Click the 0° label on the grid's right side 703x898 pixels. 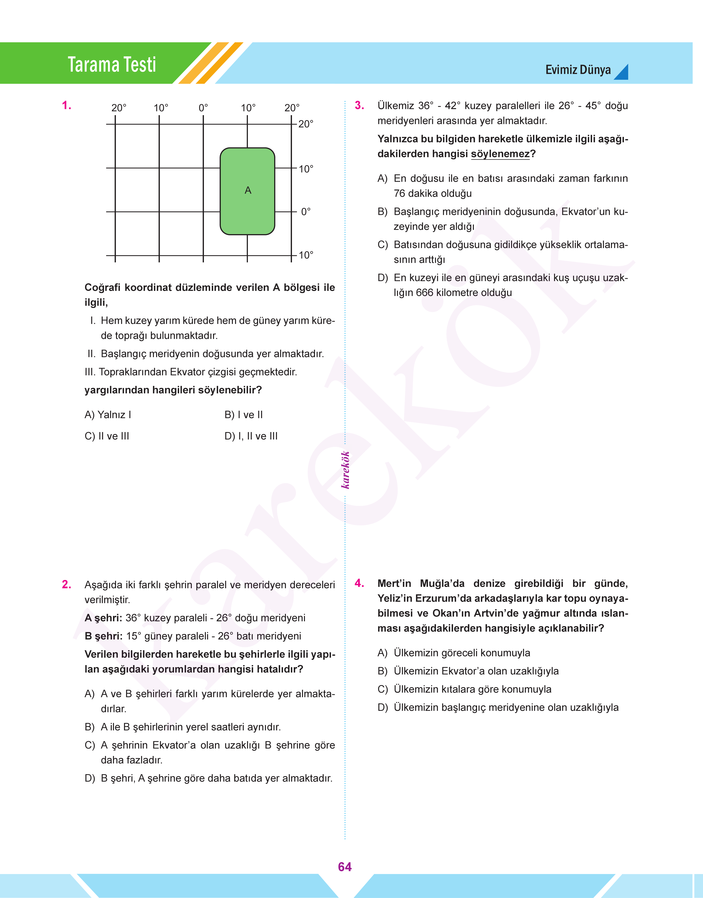[305, 212]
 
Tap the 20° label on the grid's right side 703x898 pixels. [305, 124]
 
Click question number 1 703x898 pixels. [66, 106]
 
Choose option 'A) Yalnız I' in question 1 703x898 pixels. [108, 415]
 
